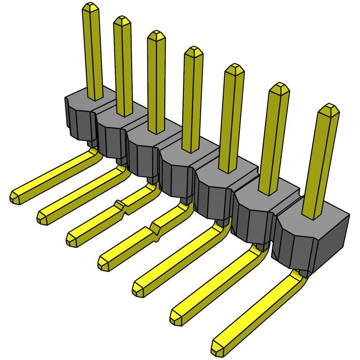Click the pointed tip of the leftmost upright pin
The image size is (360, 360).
(x=90, y=6)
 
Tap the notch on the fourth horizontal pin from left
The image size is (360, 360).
(x=156, y=231)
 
